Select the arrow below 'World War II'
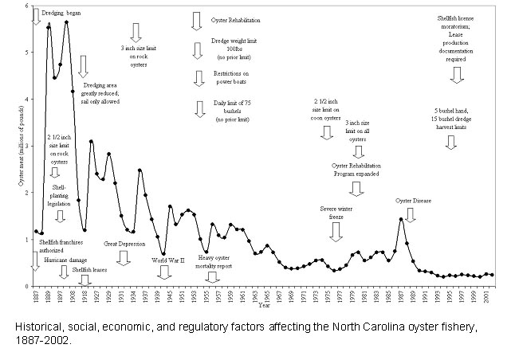(x=164, y=272)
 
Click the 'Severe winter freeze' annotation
(x=336, y=212)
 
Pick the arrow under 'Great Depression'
(x=123, y=257)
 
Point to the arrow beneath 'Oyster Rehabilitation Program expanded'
(x=356, y=188)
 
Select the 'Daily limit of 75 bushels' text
(x=222, y=106)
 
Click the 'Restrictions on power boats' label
(x=222, y=77)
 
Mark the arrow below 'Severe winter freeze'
(x=336, y=231)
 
